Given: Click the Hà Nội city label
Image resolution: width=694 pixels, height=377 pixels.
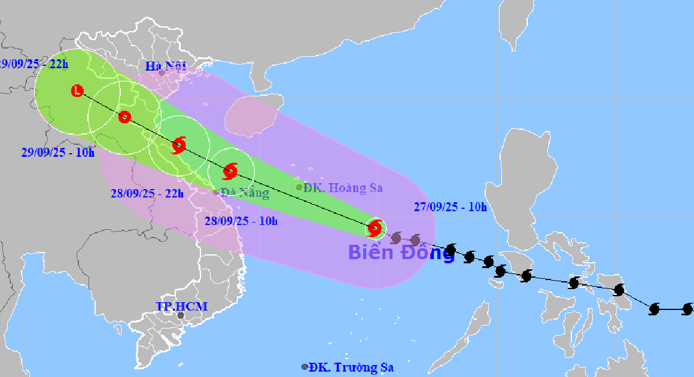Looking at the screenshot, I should pyautogui.click(x=166, y=65).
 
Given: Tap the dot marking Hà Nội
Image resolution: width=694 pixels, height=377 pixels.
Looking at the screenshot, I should pyautogui.click(x=162, y=73).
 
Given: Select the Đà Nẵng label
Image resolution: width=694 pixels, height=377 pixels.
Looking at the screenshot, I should pyautogui.click(x=245, y=193).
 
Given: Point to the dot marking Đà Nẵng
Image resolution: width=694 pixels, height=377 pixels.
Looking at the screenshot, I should pyautogui.click(x=216, y=192).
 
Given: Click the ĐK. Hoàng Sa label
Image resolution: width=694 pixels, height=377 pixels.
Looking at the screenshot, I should pyautogui.click(x=343, y=188).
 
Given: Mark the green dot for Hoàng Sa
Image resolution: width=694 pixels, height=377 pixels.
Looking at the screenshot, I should pyautogui.click(x=299, y=187).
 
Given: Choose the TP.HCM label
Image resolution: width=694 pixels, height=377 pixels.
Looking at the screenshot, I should pyautogui.click(x=182, y=307).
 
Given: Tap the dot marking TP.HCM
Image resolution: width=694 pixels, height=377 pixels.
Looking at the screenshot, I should pyautogui.click(x=181, y=315).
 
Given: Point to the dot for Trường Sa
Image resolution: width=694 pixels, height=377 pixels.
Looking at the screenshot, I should pyautogui.click(x=305, y=367).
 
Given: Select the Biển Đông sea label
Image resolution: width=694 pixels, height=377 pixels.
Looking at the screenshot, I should pyautogui.click(x=401, y=253).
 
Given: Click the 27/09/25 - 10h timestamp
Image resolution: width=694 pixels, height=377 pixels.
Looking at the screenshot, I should pyautogui.click(x=451, y=208).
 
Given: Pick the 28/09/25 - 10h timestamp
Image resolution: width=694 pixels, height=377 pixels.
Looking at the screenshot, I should pyautogui.click(x=241, y=221).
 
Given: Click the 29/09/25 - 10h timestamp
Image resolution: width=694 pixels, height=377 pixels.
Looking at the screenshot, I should pyautogui.click(x=57, y=153).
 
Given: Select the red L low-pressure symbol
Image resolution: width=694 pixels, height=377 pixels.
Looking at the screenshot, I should pyautogui.click(x=77, y=91).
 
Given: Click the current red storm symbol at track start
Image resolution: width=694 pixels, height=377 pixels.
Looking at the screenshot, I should pyautogui.click(x=375, y=228).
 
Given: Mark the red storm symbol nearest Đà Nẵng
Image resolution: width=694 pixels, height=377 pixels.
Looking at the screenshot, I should pyautogui.click(x=230, y=172).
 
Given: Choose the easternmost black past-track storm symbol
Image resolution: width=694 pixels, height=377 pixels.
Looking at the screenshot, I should pyautogui.click(x=687, y=309).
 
